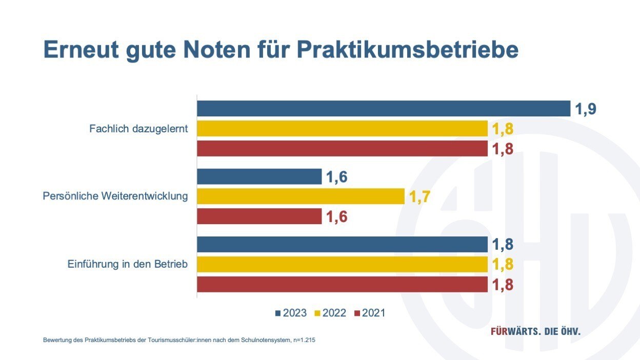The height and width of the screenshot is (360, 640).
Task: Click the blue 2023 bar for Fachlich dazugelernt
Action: (x=384, y=109)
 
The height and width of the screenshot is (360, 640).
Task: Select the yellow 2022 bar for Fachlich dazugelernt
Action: (x=342, y=129)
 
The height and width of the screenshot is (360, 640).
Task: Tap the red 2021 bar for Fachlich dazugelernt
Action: (x=342, y=149)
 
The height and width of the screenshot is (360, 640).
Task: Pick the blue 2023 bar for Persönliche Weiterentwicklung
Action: (x=259, y=177)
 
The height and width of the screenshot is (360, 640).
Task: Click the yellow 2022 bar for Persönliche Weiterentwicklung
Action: (x=301, y=196)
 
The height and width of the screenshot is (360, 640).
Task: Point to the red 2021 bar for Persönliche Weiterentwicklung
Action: (x=259, y=216)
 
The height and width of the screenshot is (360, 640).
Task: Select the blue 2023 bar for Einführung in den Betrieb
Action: (x=342, y=245)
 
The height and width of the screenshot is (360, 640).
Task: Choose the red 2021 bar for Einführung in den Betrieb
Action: (x=342, y=285)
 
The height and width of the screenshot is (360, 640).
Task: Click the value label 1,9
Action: (x=586, y=109)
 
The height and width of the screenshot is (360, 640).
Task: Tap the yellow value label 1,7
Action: (x=419, y=196)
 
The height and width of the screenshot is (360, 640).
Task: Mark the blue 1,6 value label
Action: (x=336, y=177)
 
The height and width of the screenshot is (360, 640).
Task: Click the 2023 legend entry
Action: (x=291, y=313)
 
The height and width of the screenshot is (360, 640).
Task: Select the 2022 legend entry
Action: (x=331, y=313)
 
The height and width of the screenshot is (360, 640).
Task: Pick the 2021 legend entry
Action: (x=370, y=313)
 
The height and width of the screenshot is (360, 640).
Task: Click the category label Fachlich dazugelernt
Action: (x=138, y=129)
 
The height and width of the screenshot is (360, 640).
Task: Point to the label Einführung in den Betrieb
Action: (x=128, y=265)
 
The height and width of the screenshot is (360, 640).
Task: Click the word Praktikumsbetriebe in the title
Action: (x=408, y=50)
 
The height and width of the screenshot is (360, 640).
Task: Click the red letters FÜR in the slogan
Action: (x=501, y=331)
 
